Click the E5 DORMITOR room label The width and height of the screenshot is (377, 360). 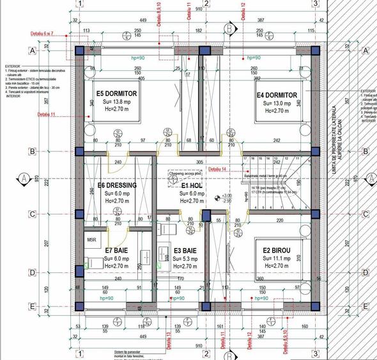[117, 93]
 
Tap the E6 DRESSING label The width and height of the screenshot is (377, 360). [118, 186]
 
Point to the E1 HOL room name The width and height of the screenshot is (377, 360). [192, 185]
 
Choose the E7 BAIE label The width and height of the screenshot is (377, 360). [118, 249]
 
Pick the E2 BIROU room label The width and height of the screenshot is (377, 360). [276, 250]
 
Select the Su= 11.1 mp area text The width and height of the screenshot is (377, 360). [276, 258]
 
